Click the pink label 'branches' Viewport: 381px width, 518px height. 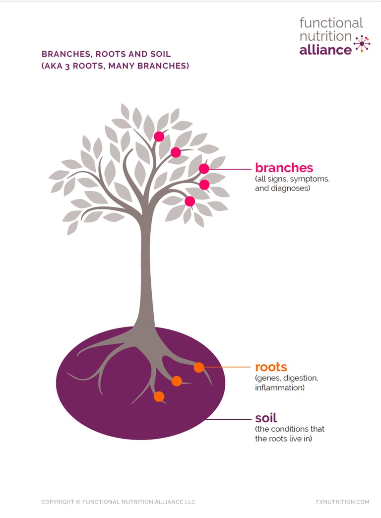[x=284, y=168]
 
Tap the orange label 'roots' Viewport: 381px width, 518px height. [x=271, y=367]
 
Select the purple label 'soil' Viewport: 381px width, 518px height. [x=266, y=418]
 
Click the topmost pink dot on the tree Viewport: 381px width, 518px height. [x=159, y=136]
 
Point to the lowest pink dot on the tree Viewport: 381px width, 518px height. [x=190, y=201]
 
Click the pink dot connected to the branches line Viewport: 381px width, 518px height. [x=204, y=169]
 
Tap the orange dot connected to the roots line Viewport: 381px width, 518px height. [x=198, y=367]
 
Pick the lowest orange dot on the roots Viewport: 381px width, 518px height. [x=159, y=396]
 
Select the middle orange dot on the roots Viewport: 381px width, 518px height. [x=177, y=381]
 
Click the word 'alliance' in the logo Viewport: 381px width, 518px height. [x=325, y=50]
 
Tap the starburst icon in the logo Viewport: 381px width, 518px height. [x=362, y=44]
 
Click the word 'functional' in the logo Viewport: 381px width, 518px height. [x=331, y=23]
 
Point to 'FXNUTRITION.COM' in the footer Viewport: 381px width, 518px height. [x=342, y=502]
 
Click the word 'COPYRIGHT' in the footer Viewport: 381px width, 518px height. [x=58, y=502]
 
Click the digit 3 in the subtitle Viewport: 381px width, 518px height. [x=67, y=66]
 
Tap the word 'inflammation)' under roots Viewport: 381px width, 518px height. [x=280, y=388]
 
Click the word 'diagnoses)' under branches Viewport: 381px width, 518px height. [x=290, y=189]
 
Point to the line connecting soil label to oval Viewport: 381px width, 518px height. [x=229, y=420]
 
